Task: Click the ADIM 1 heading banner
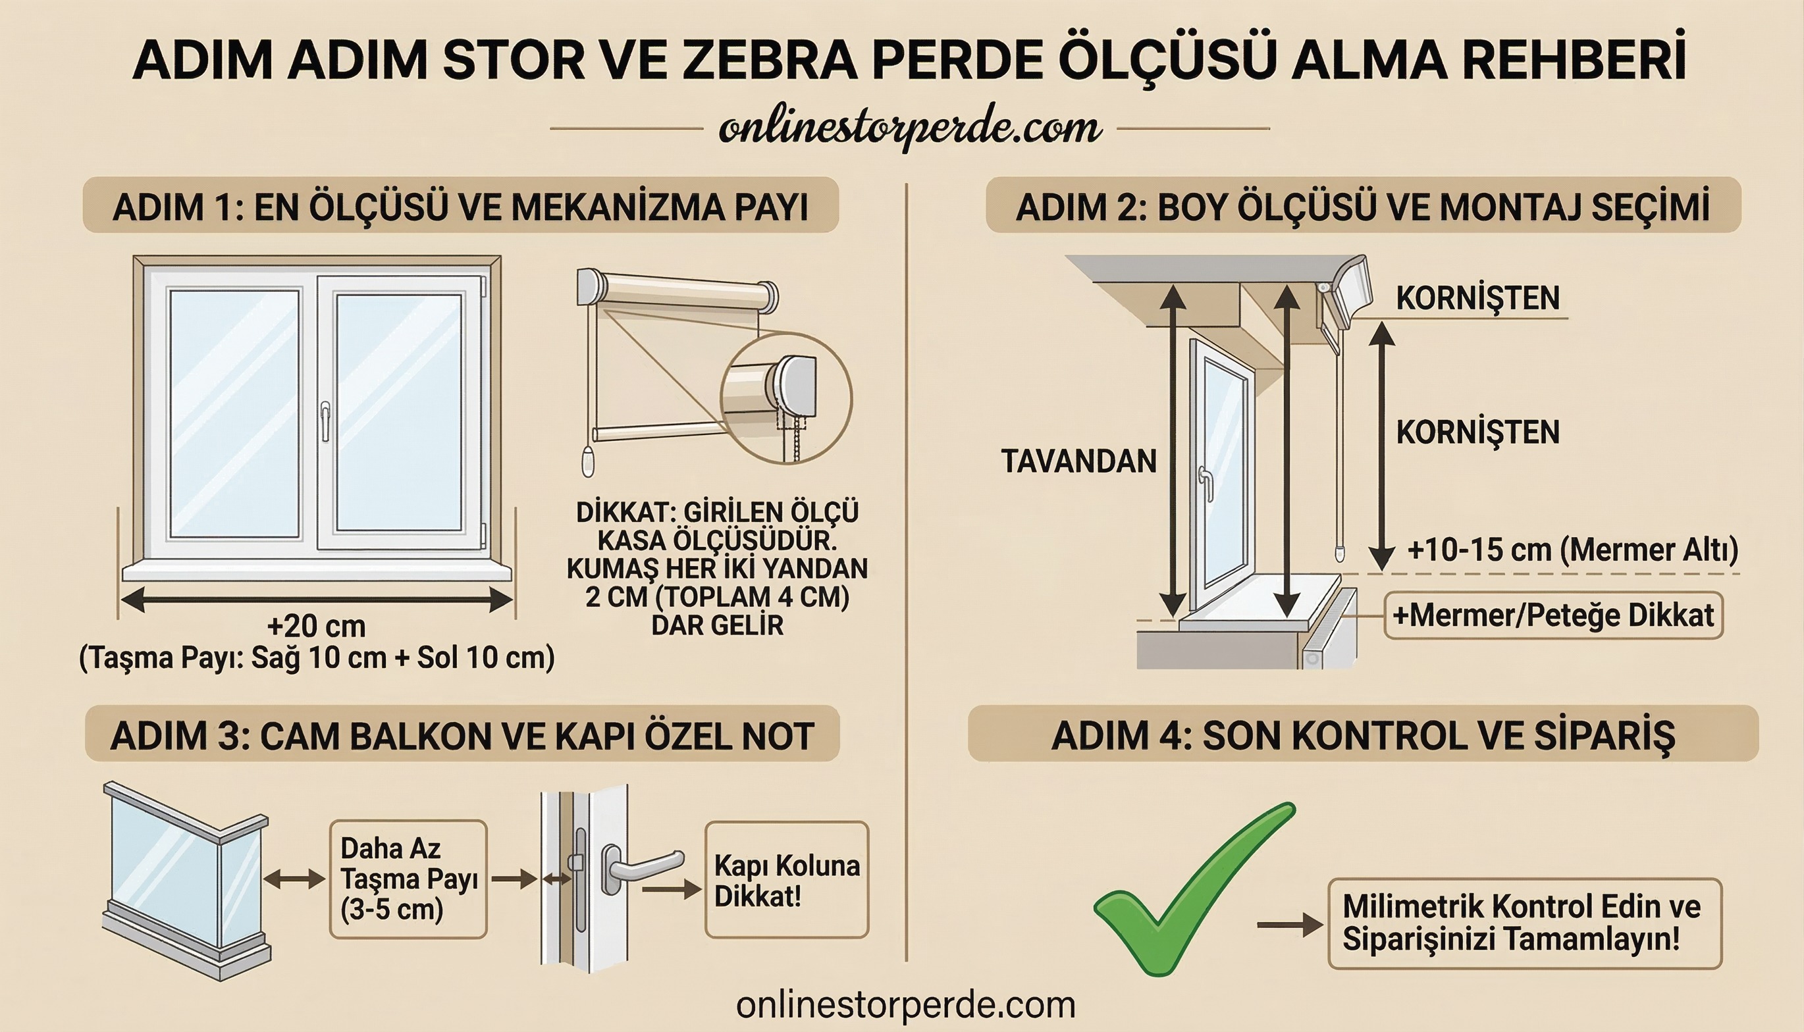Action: coord(461,206)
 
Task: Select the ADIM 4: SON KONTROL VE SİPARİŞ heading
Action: coord(1362,735)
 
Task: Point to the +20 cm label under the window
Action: coord(316,627)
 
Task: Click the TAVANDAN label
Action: coord(1078,461)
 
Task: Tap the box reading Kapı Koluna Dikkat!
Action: coord(786,881)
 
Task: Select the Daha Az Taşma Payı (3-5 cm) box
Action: coord(408,879)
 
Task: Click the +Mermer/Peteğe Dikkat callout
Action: coord(1552,615)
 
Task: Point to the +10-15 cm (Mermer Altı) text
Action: coord(1572,551)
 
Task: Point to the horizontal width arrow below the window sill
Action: coord(316,600)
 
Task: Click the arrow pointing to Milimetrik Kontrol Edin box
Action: coord(1289,925)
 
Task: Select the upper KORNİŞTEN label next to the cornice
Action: coord(1477,298)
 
